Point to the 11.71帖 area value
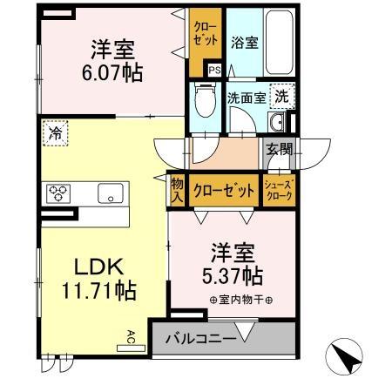(97, 291)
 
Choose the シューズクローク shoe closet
(280, 190)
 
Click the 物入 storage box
(176, 191)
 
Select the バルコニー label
(199, 339)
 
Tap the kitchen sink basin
(111, 193)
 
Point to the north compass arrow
(344, 357)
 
